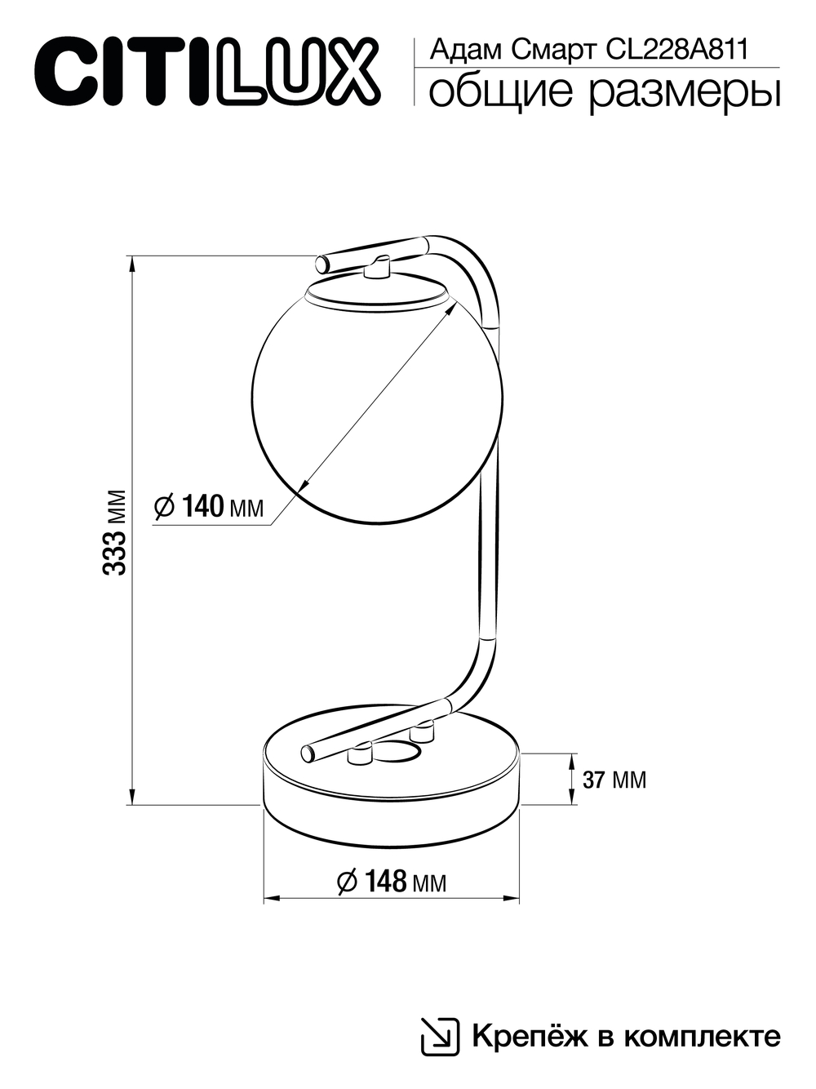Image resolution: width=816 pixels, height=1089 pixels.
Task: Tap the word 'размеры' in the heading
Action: click(x=684, y=92)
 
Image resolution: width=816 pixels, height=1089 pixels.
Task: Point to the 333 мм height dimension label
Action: click(x=116, y=532)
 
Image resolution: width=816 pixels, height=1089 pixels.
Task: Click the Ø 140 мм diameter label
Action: click(x=210, y=507)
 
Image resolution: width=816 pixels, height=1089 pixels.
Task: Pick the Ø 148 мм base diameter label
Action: click(x=392, y=882)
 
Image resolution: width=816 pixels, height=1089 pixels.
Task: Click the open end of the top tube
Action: click(x=322, y=264)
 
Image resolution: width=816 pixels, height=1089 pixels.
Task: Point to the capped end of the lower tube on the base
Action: click(x=308, y=752)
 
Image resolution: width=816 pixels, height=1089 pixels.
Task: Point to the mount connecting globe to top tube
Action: click(x=379, y=268)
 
